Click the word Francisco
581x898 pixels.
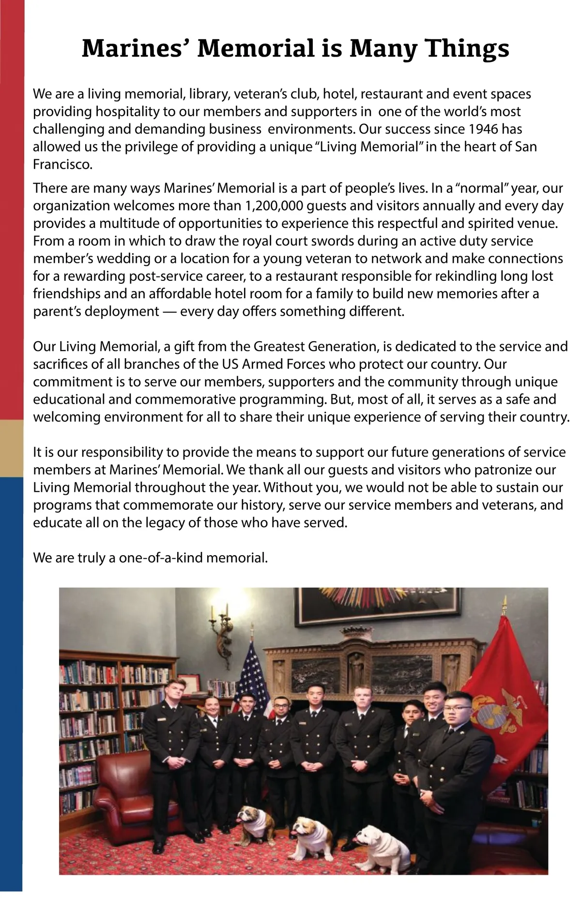click(x=61, y=165)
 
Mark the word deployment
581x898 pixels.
click(x=122, y=311)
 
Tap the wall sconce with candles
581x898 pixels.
click(x=221, y=629)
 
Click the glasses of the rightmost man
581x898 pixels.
click(x=457, y=708)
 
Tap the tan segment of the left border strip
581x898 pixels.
click(x=12, y=448)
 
